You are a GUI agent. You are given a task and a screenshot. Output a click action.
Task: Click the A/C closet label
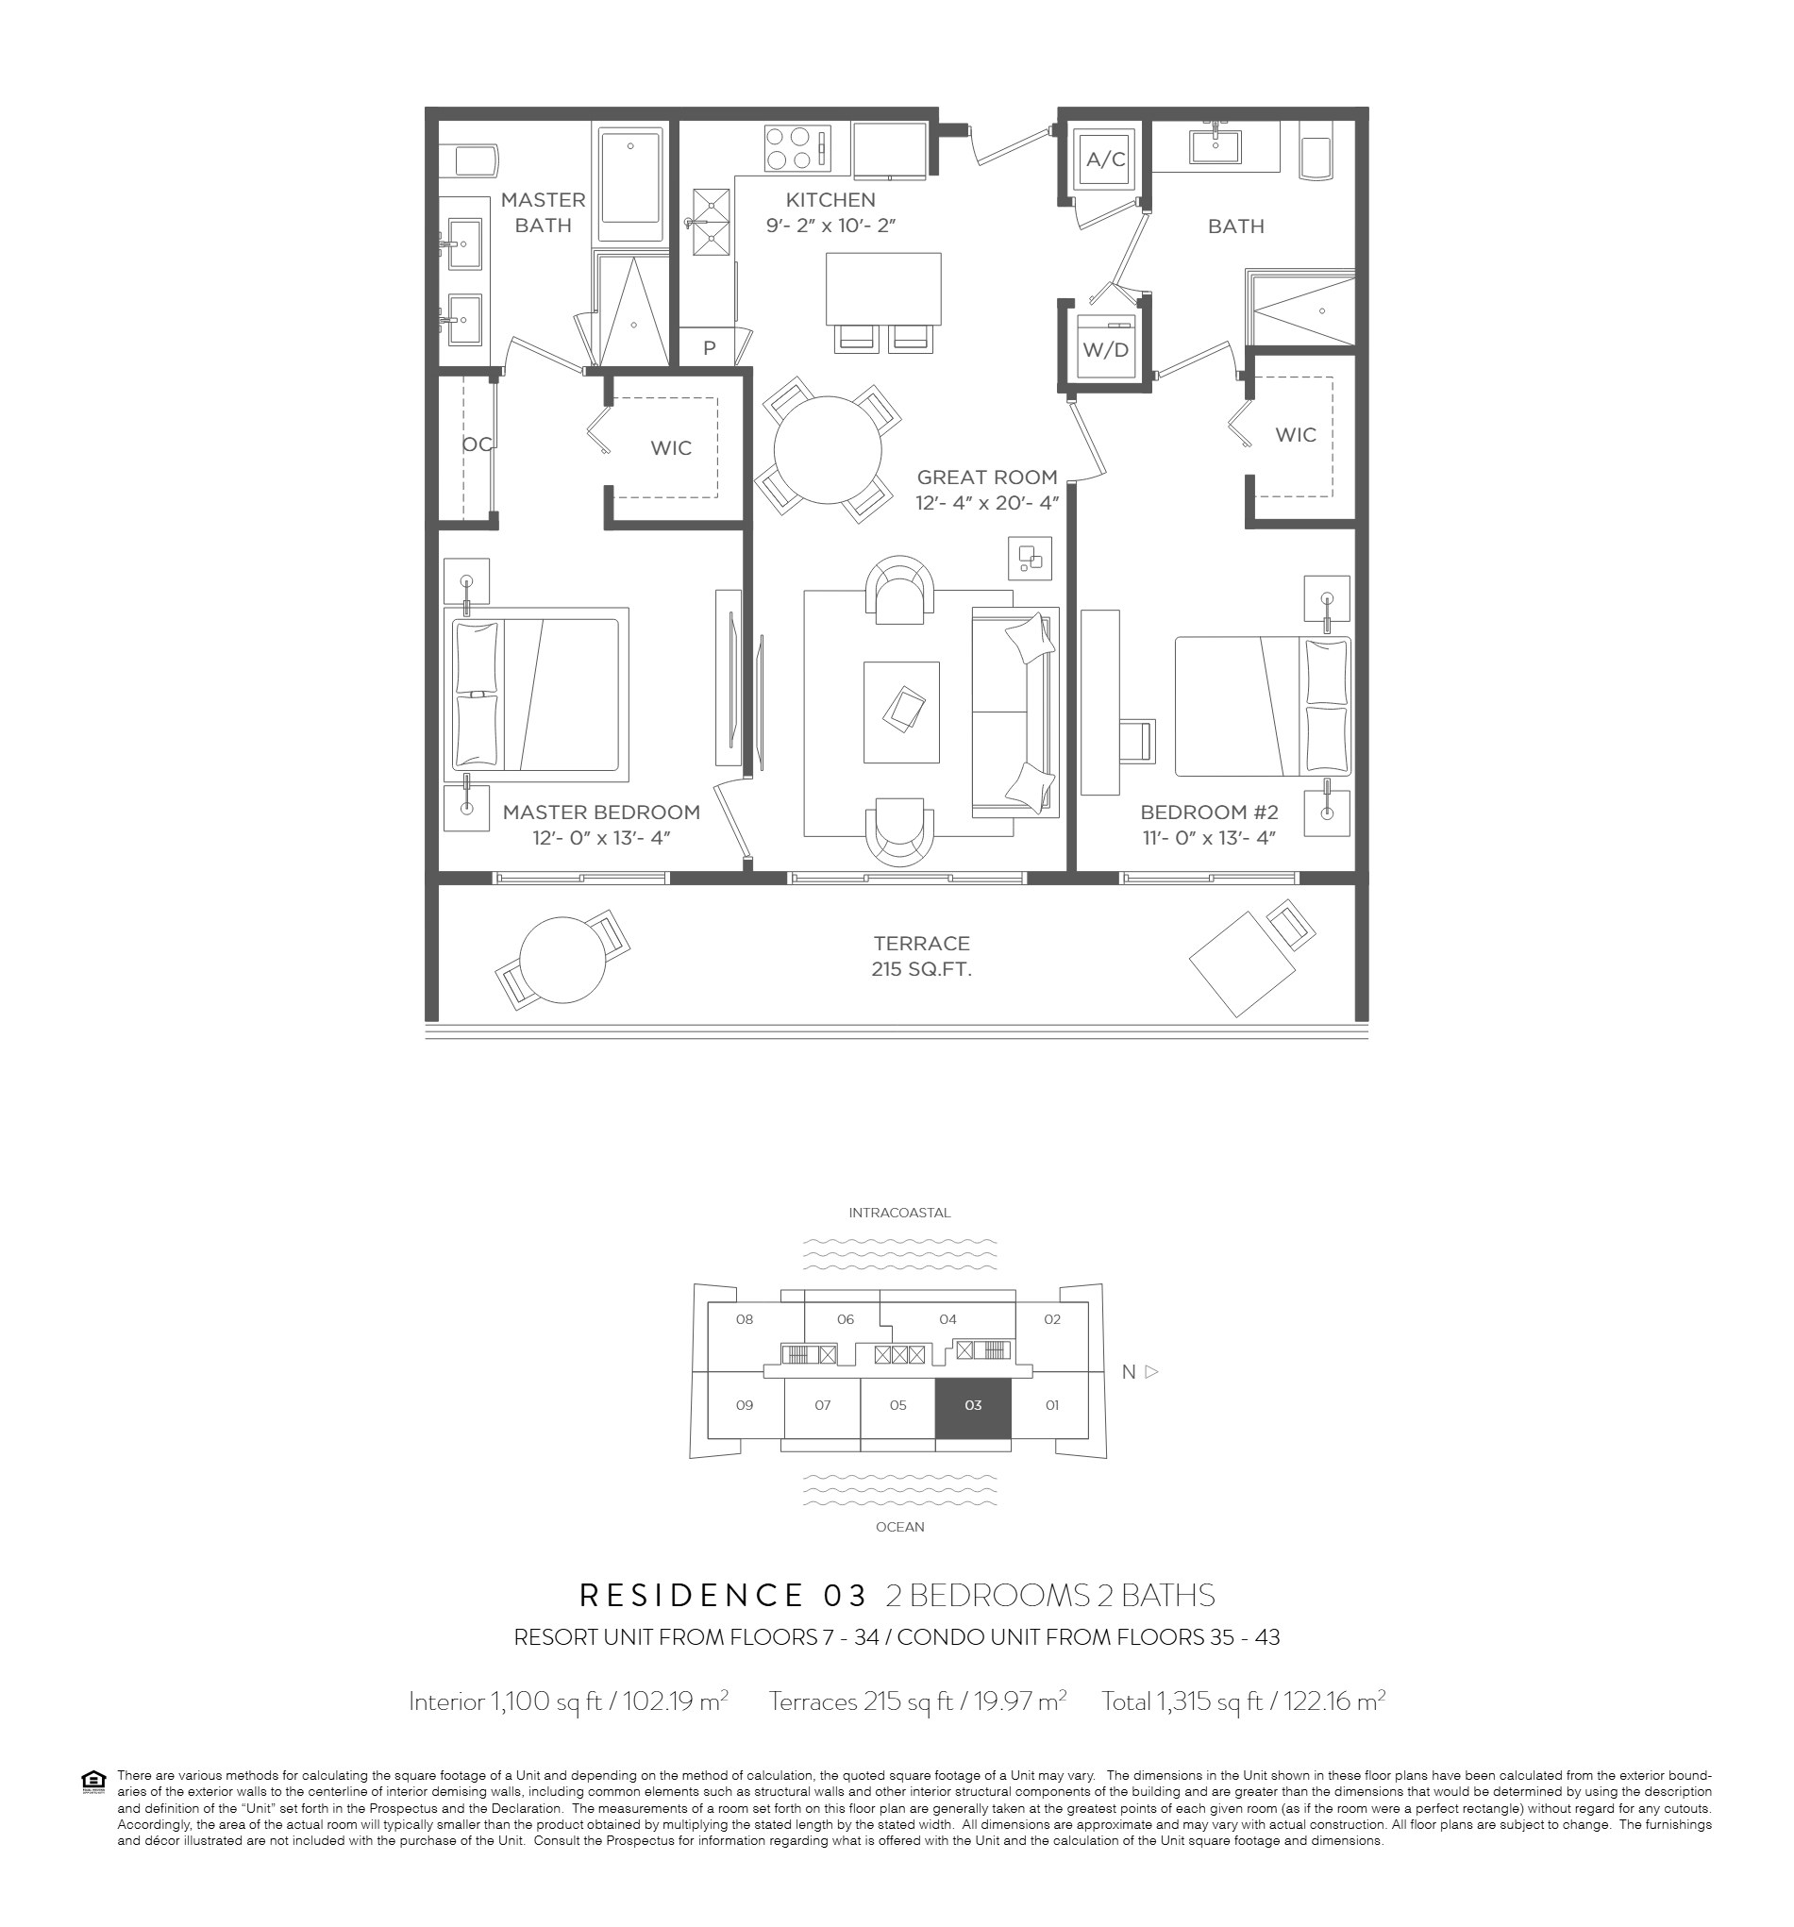(x=1105, y=159)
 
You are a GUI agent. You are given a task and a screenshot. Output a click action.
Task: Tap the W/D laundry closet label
(x=1105, y=350)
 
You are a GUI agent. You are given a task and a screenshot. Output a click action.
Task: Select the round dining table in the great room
(x=827, y=450)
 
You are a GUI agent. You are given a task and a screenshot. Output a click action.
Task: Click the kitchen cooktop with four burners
(x=796, y=147)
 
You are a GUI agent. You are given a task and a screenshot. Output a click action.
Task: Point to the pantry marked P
(x=709, y=348)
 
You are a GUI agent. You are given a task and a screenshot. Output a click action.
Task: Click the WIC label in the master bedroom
(x=671, y=448)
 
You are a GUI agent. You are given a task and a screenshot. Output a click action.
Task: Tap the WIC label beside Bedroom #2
(x=1295, y=434)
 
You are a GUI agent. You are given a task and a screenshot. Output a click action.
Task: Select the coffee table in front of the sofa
(x=901, y=712)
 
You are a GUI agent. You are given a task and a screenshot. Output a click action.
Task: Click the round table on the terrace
(x=562, y=960)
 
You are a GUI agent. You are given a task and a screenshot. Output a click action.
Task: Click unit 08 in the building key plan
(x=745, y=1319)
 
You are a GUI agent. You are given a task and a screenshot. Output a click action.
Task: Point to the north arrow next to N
(x=1151, y=1371)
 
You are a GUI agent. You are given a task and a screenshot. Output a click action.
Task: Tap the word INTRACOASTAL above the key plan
(x=899, y=1213)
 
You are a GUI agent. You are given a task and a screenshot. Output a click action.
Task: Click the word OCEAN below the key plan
(x=899, y=1527)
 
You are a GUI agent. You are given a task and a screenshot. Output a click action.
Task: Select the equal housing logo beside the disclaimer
(x=93, y=1782)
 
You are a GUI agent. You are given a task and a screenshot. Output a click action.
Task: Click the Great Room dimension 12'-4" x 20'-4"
(x=986, y=503)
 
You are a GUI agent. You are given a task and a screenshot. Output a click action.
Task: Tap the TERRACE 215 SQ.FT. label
(x=921, y=956)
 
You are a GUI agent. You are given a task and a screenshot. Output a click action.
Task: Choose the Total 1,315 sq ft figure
(x=1243, y=1701)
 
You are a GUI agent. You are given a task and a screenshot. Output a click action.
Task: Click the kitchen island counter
(x=883, y=289)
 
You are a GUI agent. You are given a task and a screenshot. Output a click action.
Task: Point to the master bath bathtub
(x=630, y=182)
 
